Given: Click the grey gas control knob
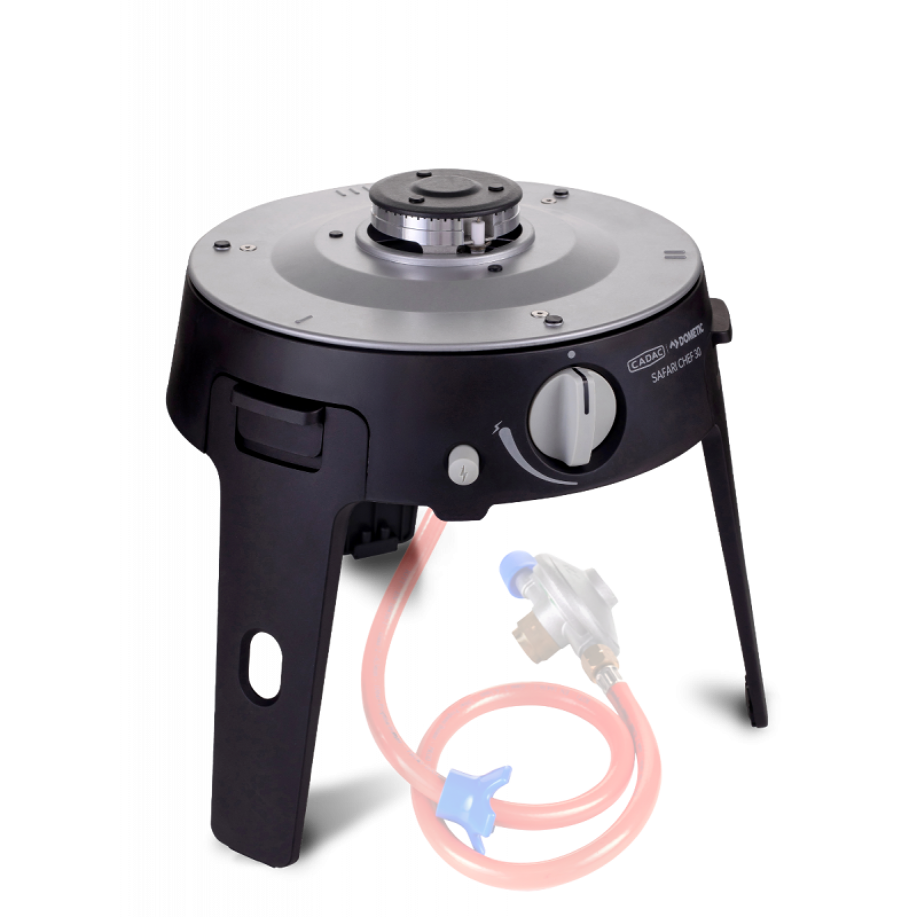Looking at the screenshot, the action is [573, 415].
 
